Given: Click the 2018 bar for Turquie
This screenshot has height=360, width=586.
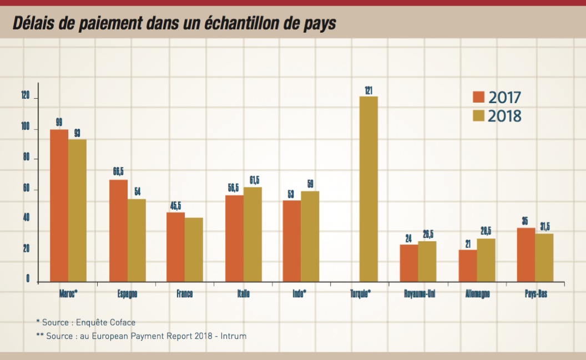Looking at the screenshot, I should (x=368, y=189).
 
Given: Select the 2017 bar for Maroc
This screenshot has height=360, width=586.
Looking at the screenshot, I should (x=59, y=205).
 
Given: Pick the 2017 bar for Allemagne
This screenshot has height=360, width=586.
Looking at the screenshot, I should (x=468, y=265).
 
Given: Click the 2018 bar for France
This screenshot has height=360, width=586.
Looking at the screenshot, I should (x=194, y=249).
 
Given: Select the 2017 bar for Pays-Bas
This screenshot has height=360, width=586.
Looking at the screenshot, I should (x=526, y=254).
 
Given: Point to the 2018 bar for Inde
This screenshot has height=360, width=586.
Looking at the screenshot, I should (x=310, y=236).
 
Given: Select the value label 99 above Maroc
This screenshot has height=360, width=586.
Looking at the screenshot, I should (x=59, y=122).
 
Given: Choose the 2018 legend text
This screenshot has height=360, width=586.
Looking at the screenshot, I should (x=504, y=116).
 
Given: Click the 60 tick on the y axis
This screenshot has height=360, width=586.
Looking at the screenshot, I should (x=26, y=189).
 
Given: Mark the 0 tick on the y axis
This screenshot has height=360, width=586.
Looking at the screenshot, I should (x=28, y=278).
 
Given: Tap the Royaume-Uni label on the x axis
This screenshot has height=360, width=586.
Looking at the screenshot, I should (x=420, y=294).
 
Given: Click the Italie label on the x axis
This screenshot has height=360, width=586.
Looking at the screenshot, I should (x=243, y=294).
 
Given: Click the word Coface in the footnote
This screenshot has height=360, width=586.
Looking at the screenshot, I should (x=122, y=322).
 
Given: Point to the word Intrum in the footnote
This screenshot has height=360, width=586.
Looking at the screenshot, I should (x=234, y=336).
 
